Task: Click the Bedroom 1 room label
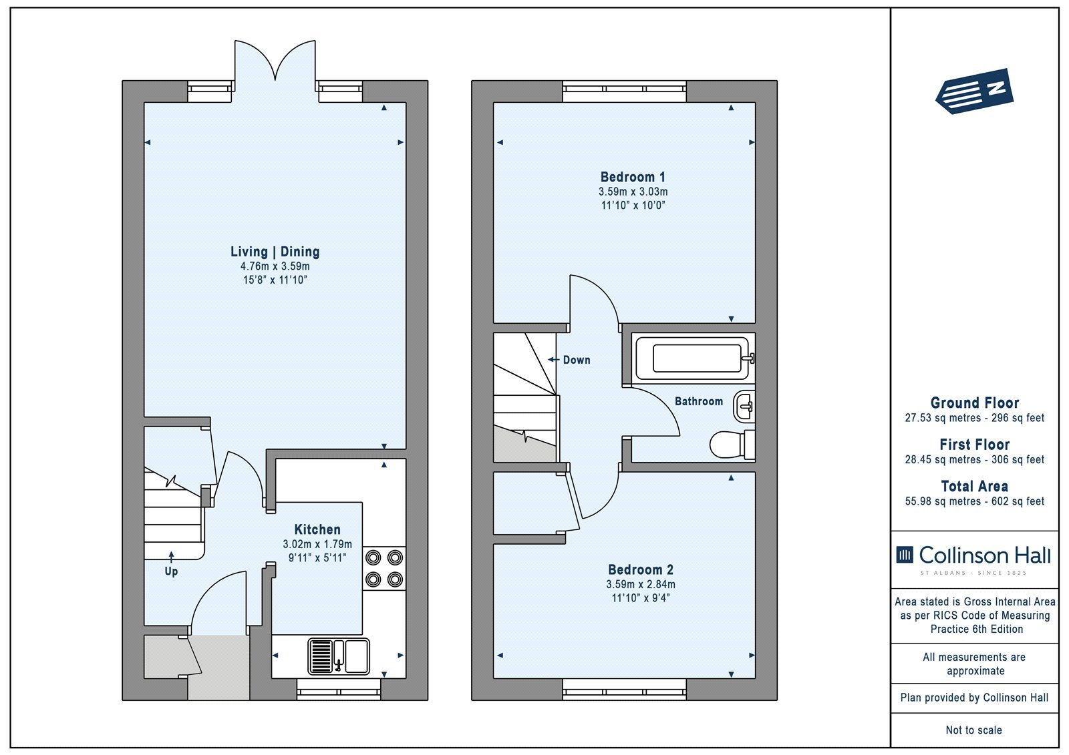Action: click(633, 177)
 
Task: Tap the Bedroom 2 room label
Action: click(641, 569)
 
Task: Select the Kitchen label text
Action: click(317, 529)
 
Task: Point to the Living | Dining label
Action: click(275, 252)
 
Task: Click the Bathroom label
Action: click(699, 401)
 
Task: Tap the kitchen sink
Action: click(339, 656)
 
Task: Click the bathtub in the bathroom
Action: click(693, 358)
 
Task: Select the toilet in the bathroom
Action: click(732, 445)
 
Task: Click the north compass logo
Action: click(974, 91)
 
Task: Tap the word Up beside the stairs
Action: click(171, 571)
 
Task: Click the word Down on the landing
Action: click(577, 360)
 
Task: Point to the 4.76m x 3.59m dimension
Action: click(275, 266)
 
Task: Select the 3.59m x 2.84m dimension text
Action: click(641, 584)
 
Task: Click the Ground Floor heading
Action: click(975, 403)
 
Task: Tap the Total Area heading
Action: click(975, 487)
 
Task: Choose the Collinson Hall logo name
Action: click(985, 555)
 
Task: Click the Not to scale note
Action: click(974, 730)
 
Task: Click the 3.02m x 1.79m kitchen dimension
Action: click(317, 544)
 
